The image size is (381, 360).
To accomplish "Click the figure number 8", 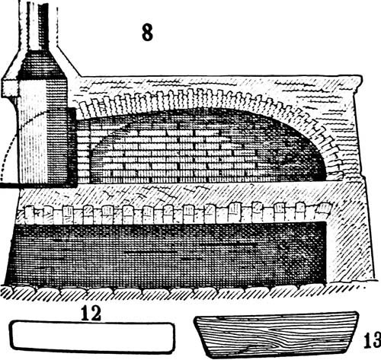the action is (x=147, y=33).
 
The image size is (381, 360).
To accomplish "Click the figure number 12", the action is (x=91, y=313).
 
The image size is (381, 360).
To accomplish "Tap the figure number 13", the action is (x=373, y=339).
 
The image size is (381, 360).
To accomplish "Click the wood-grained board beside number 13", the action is (x=277, y=335).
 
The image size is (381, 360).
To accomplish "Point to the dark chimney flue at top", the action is (x=43, y=27).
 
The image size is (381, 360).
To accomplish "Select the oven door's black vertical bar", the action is (x=72, y=147).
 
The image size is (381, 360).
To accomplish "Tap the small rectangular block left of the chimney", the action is (x=9, y=88).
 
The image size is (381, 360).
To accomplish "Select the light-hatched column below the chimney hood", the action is (x=32, y=132).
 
